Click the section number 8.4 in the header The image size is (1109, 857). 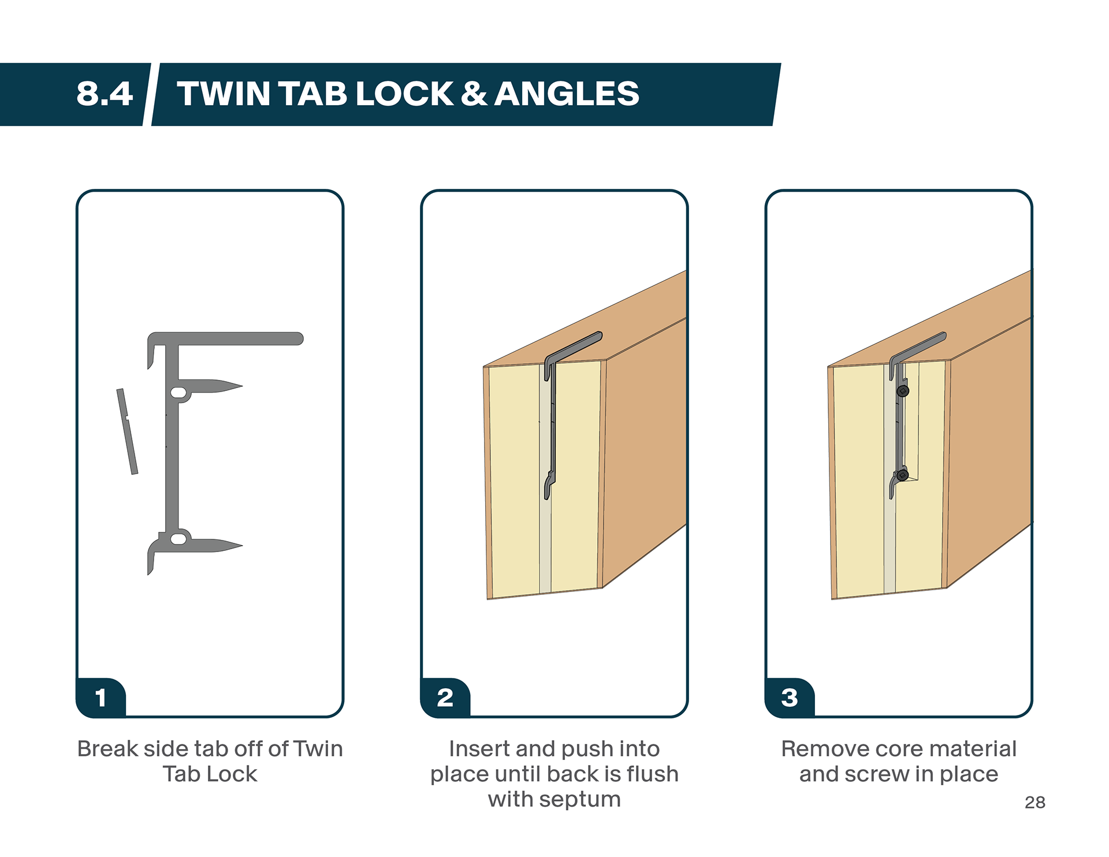point(105,94)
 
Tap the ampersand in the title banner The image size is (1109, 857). point(474,94)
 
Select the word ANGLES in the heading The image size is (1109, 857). point(567,94)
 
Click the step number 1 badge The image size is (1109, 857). point(101,698)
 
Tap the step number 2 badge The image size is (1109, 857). point(445,698)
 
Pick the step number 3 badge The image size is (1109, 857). point(790,698)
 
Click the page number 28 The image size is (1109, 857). point(1035,802)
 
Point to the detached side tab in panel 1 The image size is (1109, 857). point(127,431)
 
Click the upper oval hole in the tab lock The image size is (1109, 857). point(179,393)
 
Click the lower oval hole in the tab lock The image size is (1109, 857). point(179,539)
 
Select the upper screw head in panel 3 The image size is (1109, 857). point(903,391)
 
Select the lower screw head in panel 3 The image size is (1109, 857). point(902,475)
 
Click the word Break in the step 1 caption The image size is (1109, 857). point(107,749)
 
